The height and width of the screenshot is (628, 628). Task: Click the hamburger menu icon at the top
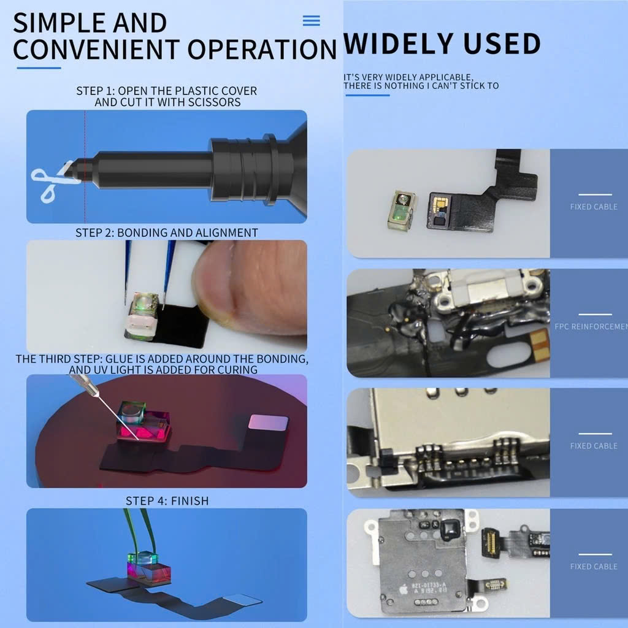coord(312,21)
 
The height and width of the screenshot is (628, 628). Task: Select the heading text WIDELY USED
coord(442,44)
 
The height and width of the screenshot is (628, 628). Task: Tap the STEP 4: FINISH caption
coord(167,501)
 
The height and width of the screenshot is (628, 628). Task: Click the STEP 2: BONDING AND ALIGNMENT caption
coord(167,233)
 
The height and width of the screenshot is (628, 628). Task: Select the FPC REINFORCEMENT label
coord(591,326)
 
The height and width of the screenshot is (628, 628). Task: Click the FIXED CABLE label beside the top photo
coord(593,207)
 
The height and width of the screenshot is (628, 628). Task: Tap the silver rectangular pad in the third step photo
coord(269,422)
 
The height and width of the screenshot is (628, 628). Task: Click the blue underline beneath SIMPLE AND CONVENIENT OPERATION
coord(38,67)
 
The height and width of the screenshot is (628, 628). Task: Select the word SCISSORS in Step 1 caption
coord(218,102)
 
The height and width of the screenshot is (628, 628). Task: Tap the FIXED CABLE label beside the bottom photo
coord(593,566)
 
